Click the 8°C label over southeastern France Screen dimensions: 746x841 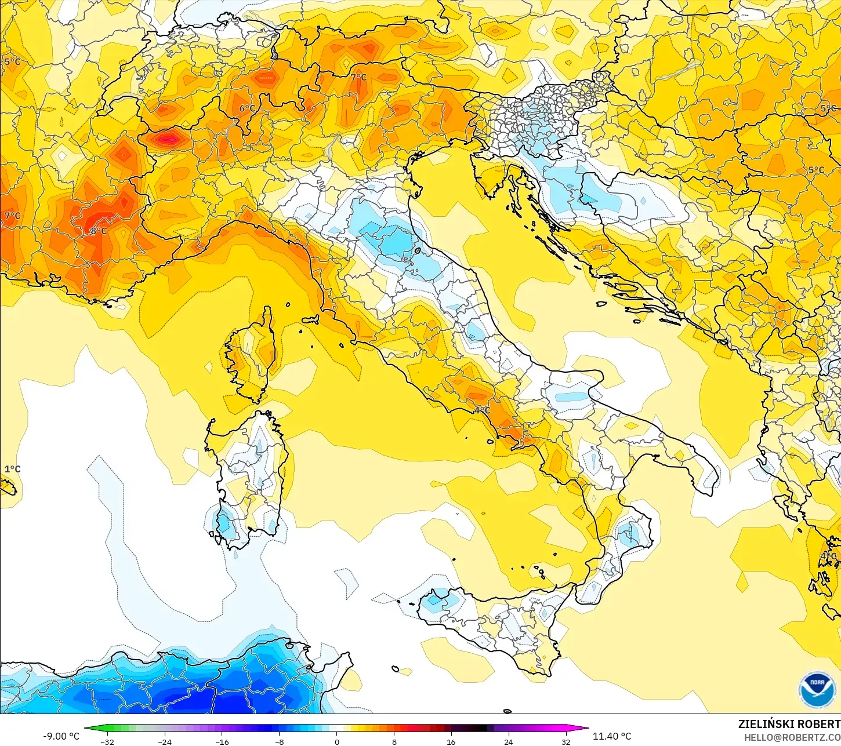(99, 231)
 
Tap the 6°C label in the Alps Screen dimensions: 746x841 (247, 108)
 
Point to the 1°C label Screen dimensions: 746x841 (12, 468)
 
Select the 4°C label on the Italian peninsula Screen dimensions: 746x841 (482, 410)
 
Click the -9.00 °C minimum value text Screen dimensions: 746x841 (61, 736)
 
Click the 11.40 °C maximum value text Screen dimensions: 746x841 (612, 736)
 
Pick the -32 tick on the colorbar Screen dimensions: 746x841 (107, 742)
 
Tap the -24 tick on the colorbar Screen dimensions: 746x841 (165, 742)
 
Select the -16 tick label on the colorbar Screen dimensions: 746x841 (222, 742)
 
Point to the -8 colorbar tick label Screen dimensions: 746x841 (279, 742)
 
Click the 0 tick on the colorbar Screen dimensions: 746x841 (336, 742)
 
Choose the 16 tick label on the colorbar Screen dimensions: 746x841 (451, 742)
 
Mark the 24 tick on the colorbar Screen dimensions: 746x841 (508, 742)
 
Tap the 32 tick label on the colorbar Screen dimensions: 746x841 (565, 742)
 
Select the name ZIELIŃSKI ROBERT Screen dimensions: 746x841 (789, 724)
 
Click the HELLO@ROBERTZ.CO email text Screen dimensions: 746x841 (792, 737)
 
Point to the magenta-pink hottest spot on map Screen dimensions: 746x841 (169, 139)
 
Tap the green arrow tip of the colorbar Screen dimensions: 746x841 (87, 729)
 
